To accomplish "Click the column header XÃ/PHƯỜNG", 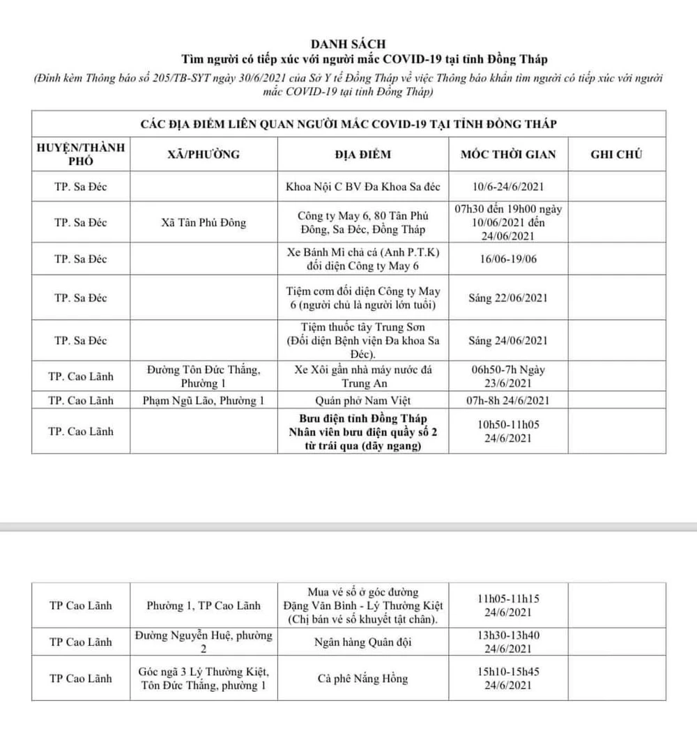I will coord(204,155).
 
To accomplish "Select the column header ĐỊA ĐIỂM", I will coord(367,155).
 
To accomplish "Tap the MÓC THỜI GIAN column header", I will coord(508,155).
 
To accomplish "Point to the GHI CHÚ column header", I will coord(616,155).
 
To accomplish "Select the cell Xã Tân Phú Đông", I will coord(204,223).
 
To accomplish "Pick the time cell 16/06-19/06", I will coord(508,258).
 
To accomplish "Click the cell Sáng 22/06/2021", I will coord(508,298).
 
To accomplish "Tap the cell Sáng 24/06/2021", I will coord(508,341).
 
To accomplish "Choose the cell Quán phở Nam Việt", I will coord(367,401).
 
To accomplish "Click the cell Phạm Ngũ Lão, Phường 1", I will coord(204,401).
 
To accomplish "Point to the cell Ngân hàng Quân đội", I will coord(367,642).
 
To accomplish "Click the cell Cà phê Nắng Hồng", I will coord(367,679).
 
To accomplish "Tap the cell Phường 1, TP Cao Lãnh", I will coord(204,605).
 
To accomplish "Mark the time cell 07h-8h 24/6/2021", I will coord(508,401).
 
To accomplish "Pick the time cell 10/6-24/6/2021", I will coord(508,188).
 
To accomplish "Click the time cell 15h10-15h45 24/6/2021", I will coord(508,679).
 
